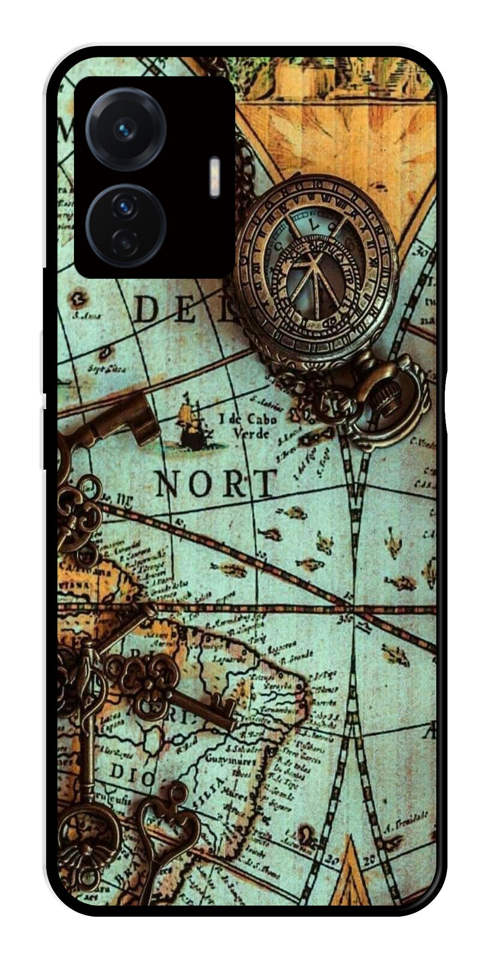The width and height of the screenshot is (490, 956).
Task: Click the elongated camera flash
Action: [214, 178]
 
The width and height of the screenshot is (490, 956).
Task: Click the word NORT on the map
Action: [215, 483]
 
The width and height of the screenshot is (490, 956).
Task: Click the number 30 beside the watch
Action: [423, 252]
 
